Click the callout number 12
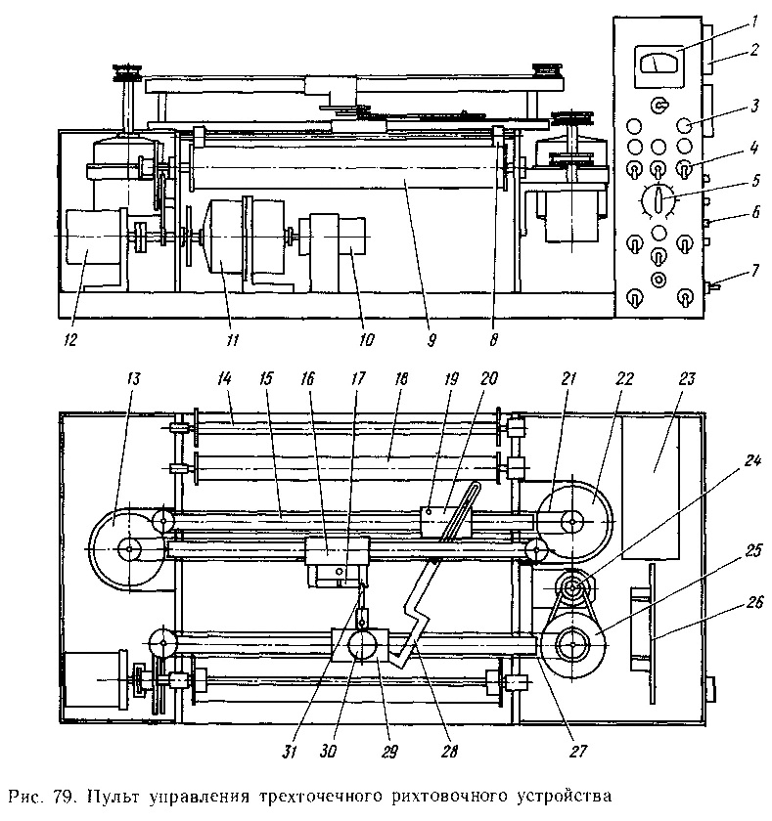(70, 340)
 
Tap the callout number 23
(687, 378)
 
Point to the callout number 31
(290, 752)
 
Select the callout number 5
(755, 181)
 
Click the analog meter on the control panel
(658, 66)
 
